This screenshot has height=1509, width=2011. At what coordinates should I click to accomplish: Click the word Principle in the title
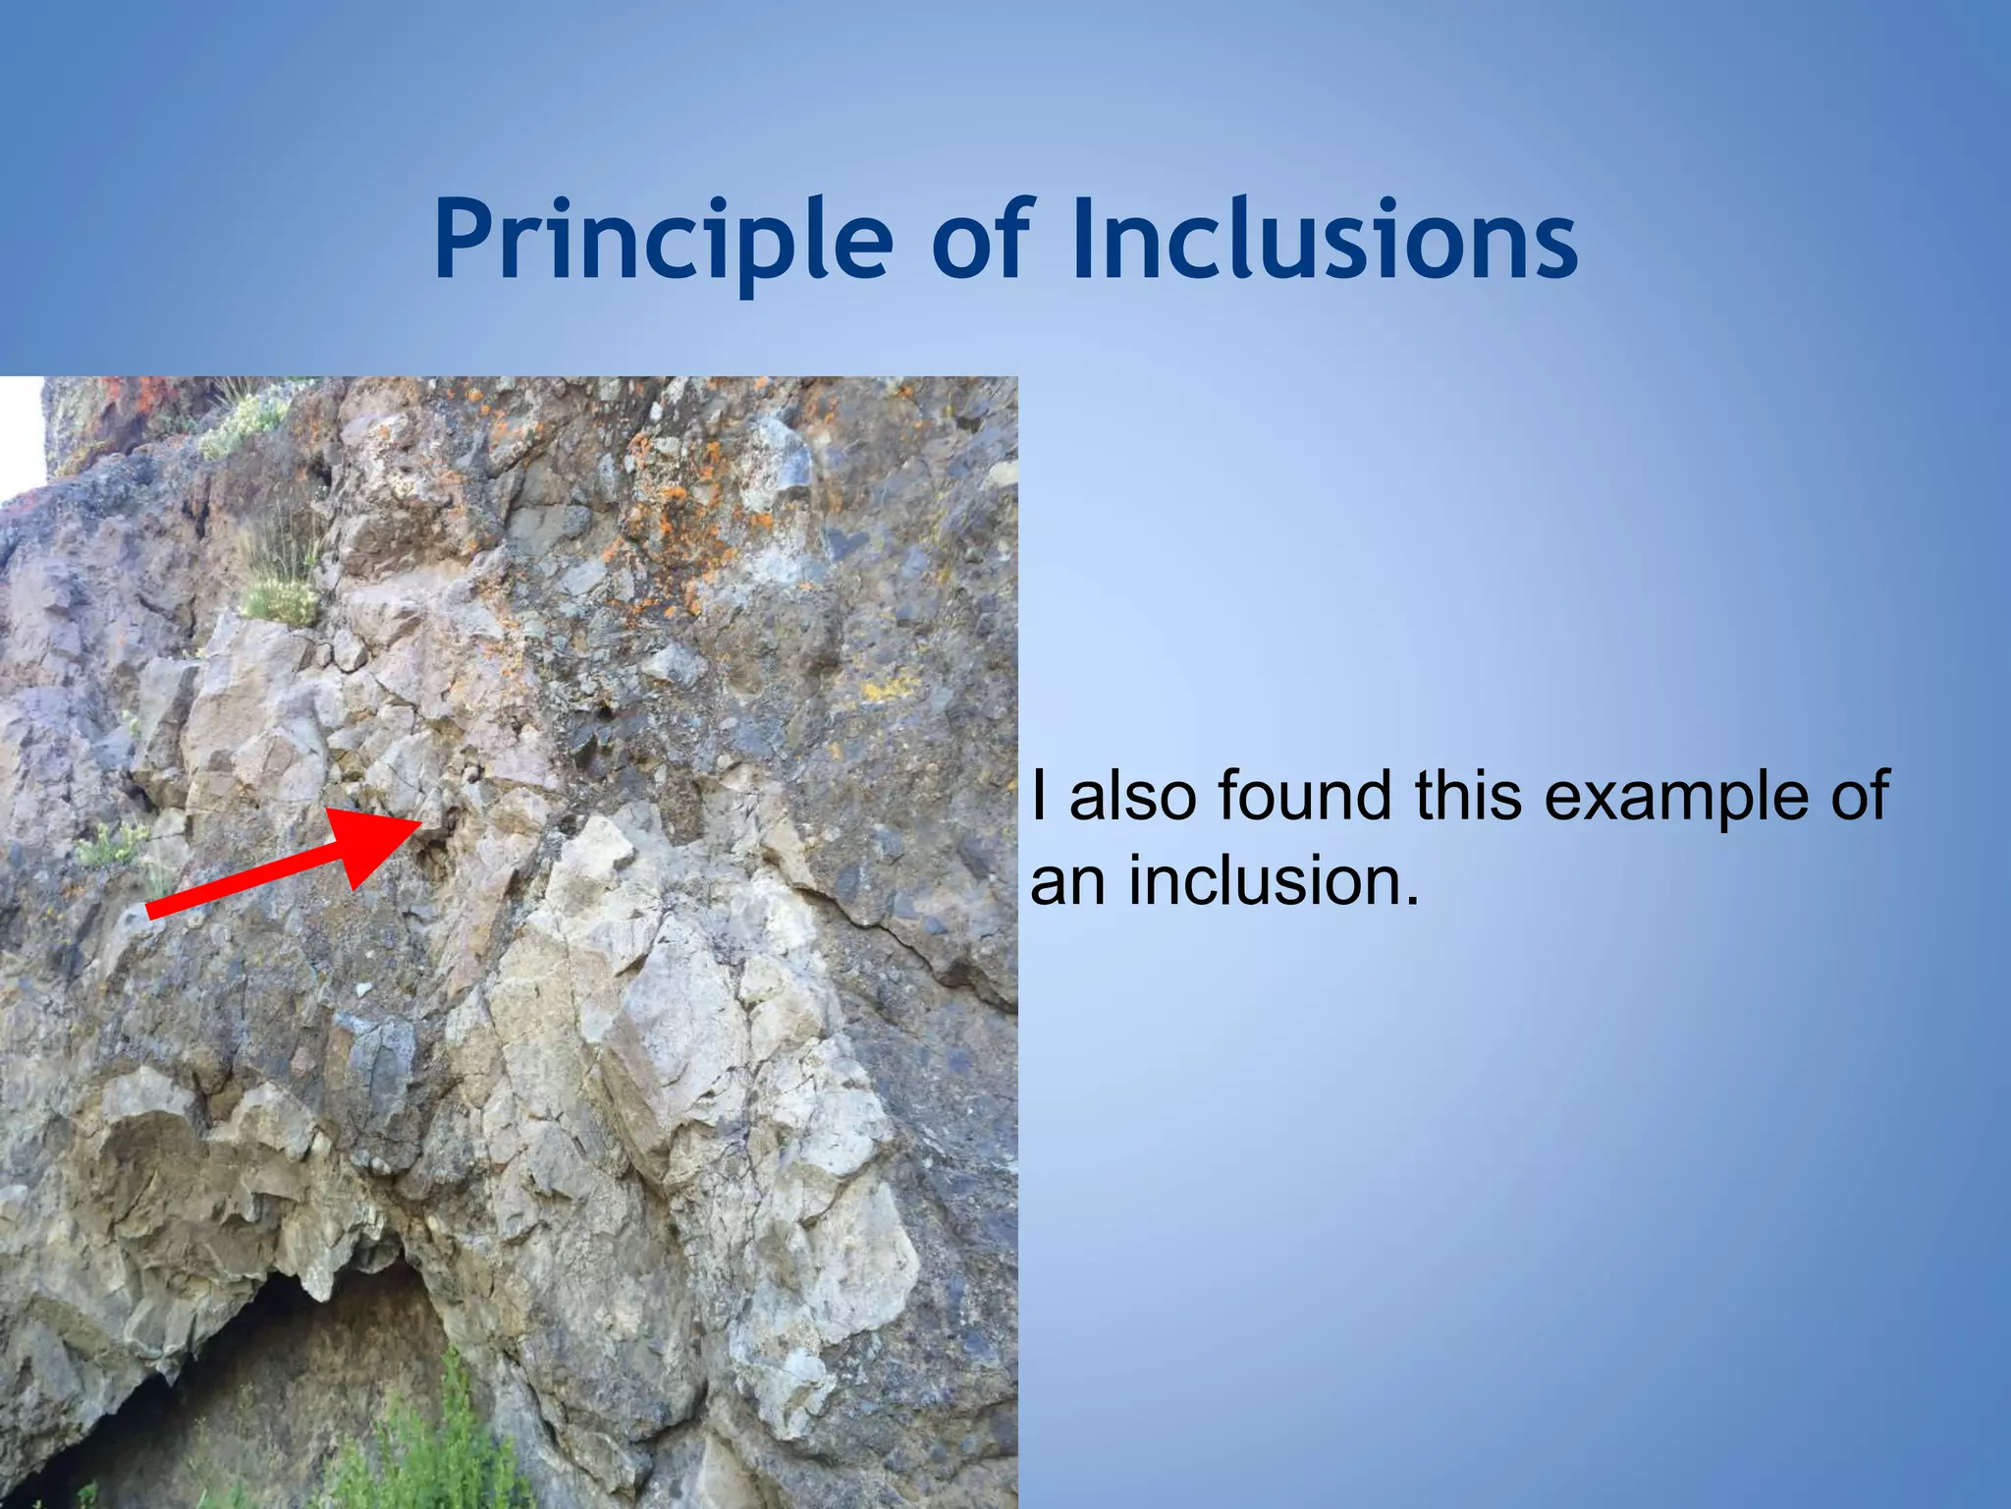pyautogui.click(x=664, y=241)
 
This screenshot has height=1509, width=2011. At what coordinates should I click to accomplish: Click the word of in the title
pyautogui.click(x=981, y=241)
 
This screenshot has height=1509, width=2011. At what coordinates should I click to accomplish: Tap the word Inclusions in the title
pyautogui.click(x=1326, y=241)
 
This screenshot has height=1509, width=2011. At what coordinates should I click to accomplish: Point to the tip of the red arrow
pyautogui.click(x=420, y=821)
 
